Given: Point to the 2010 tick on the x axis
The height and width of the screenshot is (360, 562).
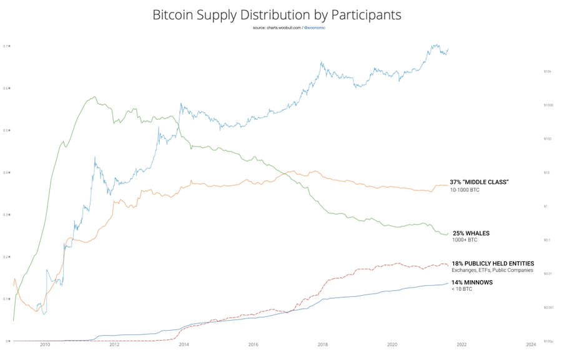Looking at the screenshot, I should [44, 344].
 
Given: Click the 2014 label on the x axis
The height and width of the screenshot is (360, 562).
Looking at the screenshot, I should [184, 344].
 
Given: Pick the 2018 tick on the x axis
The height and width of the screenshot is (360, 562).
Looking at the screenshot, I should [323, 344].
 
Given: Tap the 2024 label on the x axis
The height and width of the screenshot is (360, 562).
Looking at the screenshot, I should [531, 344].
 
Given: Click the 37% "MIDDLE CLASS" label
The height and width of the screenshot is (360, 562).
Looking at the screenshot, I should [480, 182].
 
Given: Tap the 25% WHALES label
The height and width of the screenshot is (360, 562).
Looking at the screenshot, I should [471, 233].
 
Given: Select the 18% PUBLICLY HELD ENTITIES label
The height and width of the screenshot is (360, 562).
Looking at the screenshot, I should [493, 263].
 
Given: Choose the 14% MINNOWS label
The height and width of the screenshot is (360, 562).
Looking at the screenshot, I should [472, 283].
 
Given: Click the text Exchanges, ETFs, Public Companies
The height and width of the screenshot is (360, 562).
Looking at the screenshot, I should [492, 270].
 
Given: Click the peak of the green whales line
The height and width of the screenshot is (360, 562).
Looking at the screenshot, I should [94, 97].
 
